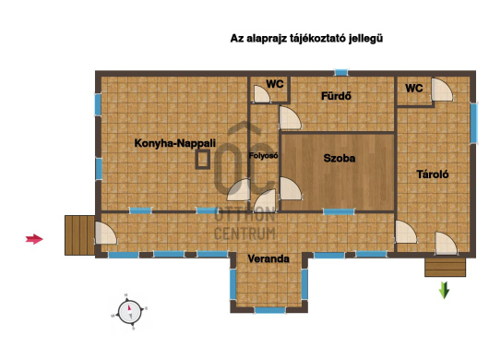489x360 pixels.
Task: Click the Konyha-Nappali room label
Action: (175, 143)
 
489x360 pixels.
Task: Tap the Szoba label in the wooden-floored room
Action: (340, 158)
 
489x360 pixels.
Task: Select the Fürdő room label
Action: (336, 96)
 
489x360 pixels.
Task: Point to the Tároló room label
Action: (433, 174)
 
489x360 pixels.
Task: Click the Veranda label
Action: (268, 258)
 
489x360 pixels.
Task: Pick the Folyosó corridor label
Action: (264, 155)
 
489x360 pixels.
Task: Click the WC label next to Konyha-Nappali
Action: (275, 84)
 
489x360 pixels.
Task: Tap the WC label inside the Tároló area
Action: (414, 89)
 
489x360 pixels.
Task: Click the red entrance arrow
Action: (34, 239)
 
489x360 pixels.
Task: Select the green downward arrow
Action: (444, 290)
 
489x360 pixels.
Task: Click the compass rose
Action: (130, 312)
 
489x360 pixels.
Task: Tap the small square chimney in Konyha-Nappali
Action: (203, 160)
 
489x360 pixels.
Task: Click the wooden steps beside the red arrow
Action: (79, 235)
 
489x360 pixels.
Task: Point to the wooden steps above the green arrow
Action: (445, 268)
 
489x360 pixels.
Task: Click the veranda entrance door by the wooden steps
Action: (105, 233)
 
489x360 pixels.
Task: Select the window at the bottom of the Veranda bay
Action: (269, 310)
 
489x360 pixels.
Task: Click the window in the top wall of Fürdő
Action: (341, 73)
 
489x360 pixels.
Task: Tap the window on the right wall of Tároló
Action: (473, 123)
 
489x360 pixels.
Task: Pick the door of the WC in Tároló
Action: (442, 90)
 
